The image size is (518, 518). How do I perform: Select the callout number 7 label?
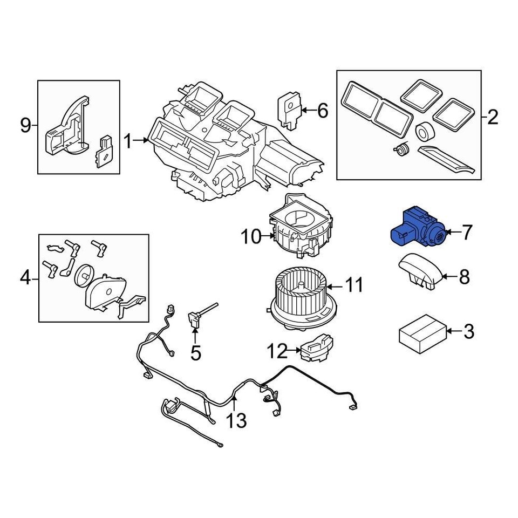[x=466, y=233]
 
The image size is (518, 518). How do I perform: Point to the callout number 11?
[x=354, y=285]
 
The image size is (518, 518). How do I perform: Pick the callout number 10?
[x=251, y=236]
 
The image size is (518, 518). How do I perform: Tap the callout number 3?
[x=468, y=331]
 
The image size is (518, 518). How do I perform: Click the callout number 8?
[x=464, y=277]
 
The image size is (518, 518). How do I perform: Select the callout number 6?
[x=322, y=111]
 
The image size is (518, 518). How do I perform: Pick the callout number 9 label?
[x=25, y=126]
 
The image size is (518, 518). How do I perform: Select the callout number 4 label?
[x=25, y=278]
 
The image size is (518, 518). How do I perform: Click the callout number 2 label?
[x=492, y=117]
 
